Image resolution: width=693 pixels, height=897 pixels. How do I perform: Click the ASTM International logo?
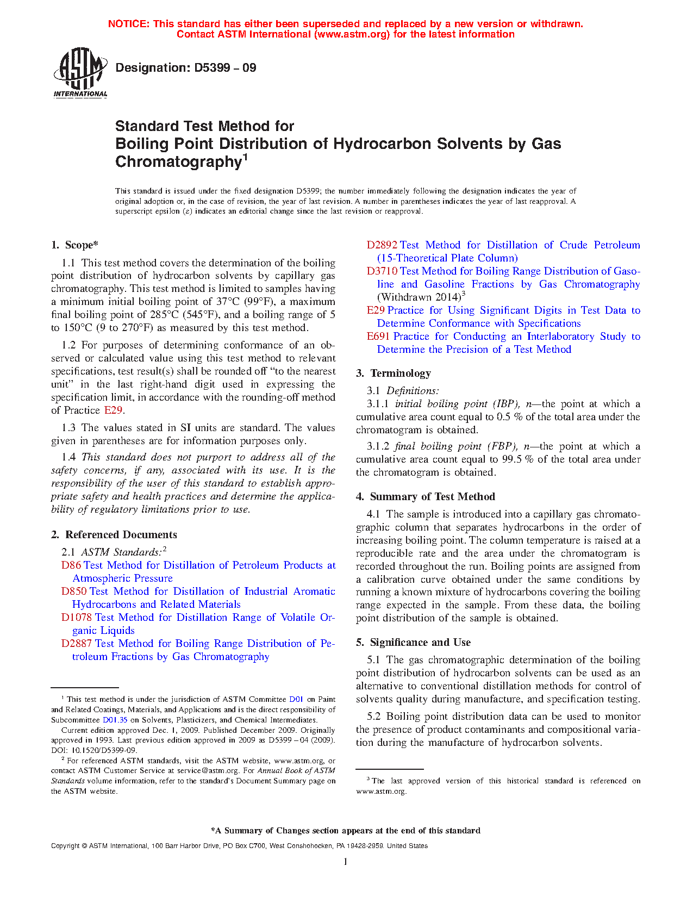point(80,72)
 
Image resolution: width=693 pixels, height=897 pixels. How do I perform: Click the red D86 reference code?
point(71,565)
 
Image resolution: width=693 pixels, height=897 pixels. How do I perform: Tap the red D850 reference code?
point(74,591)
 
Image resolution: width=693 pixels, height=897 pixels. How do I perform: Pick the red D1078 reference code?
point(77,618)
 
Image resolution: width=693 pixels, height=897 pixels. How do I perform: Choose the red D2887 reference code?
point(77,644)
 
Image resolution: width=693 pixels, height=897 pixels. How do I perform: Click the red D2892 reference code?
point(382,245)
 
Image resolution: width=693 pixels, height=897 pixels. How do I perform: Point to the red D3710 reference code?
point(382,271)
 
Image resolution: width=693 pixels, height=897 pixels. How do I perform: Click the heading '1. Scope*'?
point(75,245)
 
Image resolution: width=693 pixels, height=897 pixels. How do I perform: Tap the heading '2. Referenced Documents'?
point(114,535)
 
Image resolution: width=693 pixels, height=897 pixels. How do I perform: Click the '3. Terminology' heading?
point(394,373)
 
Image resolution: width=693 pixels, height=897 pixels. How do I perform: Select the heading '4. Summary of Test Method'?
point(426,497)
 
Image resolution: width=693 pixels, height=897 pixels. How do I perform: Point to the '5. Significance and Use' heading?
point(414,643)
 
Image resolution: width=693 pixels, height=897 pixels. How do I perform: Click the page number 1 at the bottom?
point(346,861)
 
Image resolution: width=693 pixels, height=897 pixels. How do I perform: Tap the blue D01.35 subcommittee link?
point(115,720)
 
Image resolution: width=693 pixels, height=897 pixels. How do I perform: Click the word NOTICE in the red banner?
point(128,24)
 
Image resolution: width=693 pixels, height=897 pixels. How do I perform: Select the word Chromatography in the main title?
point(178,162)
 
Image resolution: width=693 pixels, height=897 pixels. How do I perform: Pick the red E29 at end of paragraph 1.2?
point(114,410)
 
